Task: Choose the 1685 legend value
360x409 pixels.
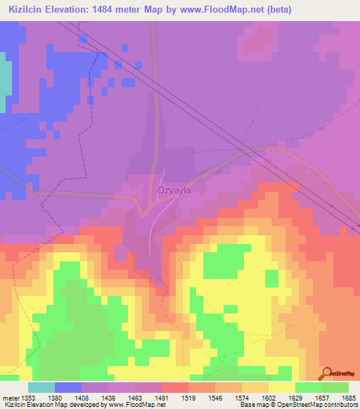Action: [349, 397]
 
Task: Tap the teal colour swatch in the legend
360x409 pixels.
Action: [41, 387]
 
